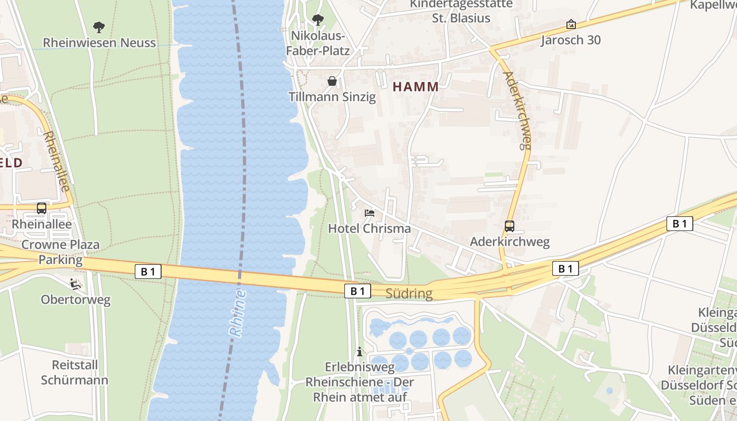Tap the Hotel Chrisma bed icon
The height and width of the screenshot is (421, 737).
pos(370,213)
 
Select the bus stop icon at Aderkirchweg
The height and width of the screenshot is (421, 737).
pos(509,226)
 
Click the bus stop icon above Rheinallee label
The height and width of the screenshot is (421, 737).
pos(42,208)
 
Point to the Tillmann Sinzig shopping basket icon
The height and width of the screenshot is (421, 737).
pos(332,81)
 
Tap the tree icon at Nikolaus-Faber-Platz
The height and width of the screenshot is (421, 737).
pos(317,21)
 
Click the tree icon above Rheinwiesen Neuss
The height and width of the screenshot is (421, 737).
pos(98,27)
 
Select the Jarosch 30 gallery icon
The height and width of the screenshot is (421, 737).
pos(571,24)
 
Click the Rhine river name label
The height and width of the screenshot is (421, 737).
pos(238,313)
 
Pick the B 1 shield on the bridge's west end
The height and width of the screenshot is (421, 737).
pos(148,272)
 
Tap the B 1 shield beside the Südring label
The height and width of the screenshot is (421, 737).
pos(357,291)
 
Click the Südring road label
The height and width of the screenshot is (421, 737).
pos(409,294)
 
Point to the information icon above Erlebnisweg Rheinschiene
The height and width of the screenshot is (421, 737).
pos(360,352)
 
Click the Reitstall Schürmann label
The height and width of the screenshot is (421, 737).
pos(74,372)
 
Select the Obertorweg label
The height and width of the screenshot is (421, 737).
pos(76,300)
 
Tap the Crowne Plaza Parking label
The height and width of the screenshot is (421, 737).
pos(61,252)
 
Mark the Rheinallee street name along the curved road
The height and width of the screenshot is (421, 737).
pos(57,161)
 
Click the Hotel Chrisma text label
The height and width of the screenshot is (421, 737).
pos(369,228)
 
